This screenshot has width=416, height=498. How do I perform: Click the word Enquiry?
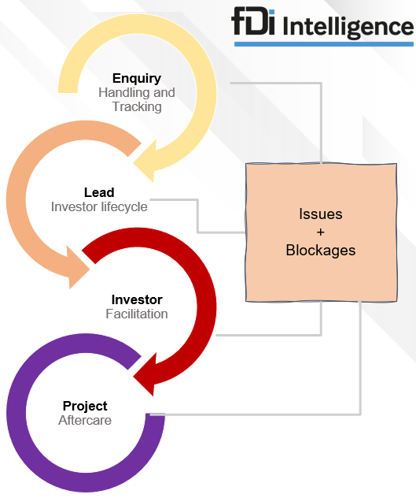137,79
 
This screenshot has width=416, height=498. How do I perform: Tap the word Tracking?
137,106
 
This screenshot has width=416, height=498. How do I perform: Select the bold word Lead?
99,192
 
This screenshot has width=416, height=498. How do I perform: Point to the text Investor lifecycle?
99,206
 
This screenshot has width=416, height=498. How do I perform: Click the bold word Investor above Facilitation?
137,299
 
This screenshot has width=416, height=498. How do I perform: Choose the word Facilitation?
137,314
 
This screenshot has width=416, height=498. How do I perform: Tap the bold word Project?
85,407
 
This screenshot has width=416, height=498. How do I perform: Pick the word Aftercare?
85,420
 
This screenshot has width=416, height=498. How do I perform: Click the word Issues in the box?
321,214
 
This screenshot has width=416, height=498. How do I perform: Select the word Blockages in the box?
321,251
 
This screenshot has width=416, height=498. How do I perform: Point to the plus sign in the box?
321,232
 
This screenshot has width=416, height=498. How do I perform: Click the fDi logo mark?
253,21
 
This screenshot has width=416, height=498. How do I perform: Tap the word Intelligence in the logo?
348,28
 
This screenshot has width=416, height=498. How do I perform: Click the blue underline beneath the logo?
324,44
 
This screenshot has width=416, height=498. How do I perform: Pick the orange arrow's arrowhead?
78,267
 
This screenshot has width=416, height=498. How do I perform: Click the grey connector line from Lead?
197,216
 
